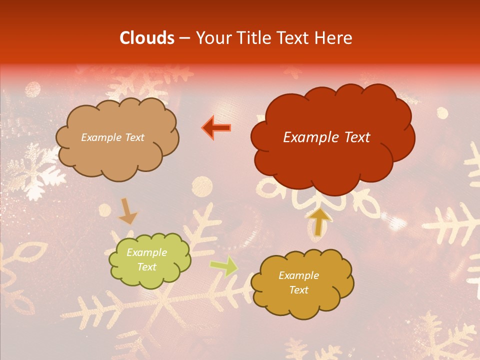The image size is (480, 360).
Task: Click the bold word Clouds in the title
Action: click(147, 38)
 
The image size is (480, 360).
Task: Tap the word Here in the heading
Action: click(334, 38)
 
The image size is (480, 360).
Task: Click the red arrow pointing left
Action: click(217, 128)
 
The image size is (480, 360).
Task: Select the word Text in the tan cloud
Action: click(134, 137)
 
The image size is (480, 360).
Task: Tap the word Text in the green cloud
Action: click(146, 267)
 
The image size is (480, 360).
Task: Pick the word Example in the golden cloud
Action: click(298, 275)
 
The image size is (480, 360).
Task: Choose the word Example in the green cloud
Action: click(146, 253)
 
